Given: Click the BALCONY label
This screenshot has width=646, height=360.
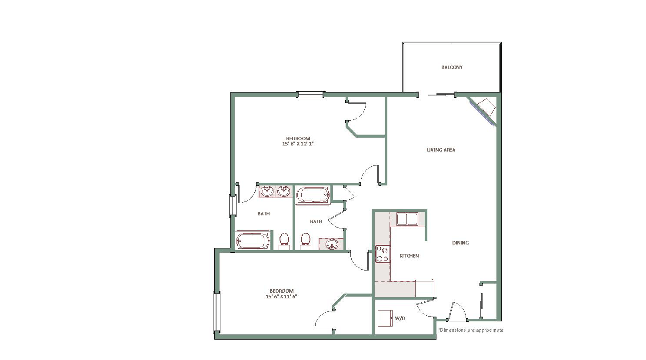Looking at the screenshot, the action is click(452, 67).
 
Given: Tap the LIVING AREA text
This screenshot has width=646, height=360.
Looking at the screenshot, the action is click(441, 150).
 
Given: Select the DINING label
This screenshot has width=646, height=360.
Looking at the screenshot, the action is click(460, 243).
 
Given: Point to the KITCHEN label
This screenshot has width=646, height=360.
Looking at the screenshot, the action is click(409, 256).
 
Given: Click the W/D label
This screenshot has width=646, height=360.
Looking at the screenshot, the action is click(400, 318).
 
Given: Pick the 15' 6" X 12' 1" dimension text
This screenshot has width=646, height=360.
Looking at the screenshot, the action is click(298, 144).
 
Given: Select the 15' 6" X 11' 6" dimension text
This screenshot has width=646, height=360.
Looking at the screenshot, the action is click(281, 296).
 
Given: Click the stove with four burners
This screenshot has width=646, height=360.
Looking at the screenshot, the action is click(383, 254).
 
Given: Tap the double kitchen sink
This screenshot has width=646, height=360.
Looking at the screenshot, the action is click(407, 219).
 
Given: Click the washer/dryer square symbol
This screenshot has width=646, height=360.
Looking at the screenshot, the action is click(385, 318).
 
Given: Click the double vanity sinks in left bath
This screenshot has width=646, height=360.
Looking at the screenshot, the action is click(276, 192).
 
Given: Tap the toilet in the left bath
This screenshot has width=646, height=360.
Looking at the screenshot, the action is click(284, 241).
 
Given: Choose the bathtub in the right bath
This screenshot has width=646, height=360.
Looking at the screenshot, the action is click(313, 195).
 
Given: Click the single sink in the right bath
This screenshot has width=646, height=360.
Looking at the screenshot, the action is click(331, 244).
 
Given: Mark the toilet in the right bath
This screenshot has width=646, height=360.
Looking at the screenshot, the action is click(306, 241).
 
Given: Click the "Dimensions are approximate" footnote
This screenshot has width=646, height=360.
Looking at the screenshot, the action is click(471, 330).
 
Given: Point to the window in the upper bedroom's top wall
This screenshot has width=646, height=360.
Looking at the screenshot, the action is click(310, 95).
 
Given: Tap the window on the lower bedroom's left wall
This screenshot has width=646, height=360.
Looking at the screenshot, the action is click(216, 312).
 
